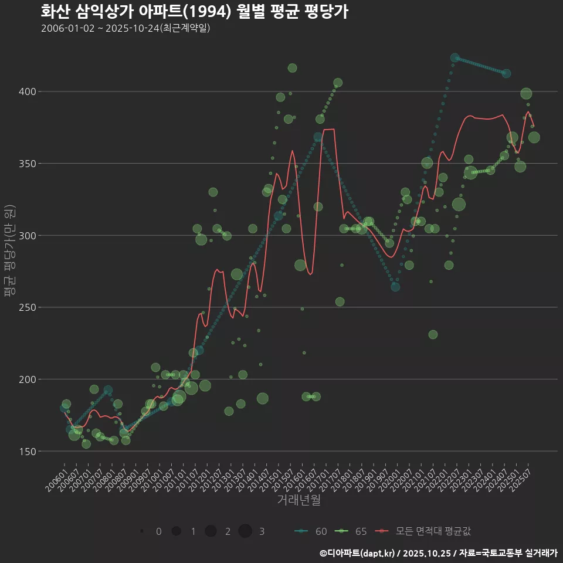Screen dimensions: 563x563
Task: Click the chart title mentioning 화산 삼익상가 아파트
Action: tap(194, 11)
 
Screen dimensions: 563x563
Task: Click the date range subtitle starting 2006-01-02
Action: tap(126, 28)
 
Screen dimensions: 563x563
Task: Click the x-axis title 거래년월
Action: tap(299, 500)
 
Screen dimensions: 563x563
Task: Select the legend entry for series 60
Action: tap(311, 531)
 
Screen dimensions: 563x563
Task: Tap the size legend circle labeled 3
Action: tap(245, 531)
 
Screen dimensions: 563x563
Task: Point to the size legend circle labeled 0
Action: tap(142, 531)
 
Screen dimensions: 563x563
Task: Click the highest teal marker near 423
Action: tap(455, 58)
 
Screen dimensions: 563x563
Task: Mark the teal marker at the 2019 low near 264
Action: tap(395, 287)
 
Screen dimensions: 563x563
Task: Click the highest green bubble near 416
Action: tap(292, 68)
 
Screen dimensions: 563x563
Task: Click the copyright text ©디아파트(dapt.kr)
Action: tap(357, 553)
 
